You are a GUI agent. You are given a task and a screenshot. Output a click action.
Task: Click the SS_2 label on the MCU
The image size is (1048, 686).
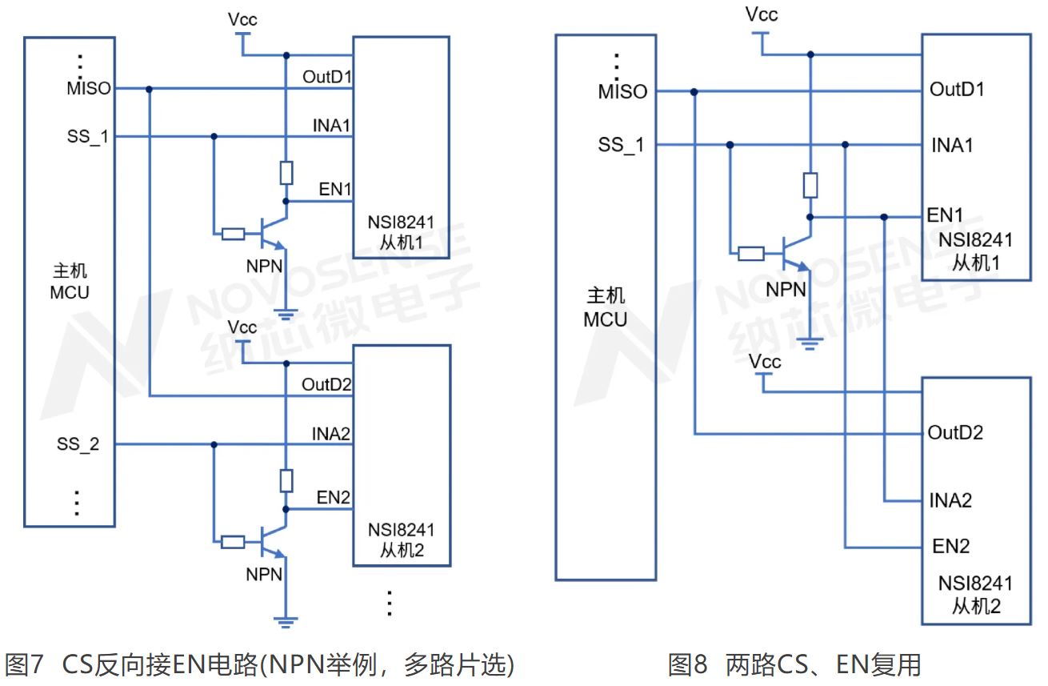click(78, 445)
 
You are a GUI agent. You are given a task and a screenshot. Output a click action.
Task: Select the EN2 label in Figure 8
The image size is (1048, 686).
click(951, 548)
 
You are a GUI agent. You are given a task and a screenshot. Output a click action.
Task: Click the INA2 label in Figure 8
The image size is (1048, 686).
click(951, 501)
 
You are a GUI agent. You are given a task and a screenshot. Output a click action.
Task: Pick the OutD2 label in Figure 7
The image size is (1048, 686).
click(326, 385)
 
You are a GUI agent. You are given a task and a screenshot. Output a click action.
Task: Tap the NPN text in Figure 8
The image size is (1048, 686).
click(786, 290)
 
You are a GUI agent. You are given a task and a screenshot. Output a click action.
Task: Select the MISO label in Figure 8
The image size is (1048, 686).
click(622, 92)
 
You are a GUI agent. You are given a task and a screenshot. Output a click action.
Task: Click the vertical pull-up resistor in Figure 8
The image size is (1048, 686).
click(810, 186)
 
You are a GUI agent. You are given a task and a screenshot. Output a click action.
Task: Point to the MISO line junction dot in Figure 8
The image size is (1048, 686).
click(694, 92)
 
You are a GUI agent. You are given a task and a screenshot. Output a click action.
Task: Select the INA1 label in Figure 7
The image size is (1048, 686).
click(333, 126)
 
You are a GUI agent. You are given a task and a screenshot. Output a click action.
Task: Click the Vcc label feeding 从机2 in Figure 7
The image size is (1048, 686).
click(242, 327)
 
